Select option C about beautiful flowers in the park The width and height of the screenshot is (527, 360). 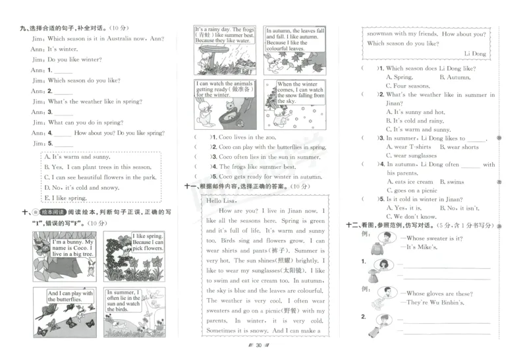(x=99, y=177)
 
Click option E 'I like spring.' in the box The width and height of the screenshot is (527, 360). (x=65, y=198)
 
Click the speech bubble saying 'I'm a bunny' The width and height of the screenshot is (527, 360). (x=72, y=247)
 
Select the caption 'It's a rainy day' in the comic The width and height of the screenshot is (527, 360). (x=224, y=35)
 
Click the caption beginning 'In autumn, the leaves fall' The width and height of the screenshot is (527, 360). (x=294, y=39)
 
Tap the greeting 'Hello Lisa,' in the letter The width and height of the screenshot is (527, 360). (x=221, y=200)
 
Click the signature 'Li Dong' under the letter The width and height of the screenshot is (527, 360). (x=475, y=53)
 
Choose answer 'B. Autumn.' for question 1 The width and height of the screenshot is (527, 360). (x=455, y=77)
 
